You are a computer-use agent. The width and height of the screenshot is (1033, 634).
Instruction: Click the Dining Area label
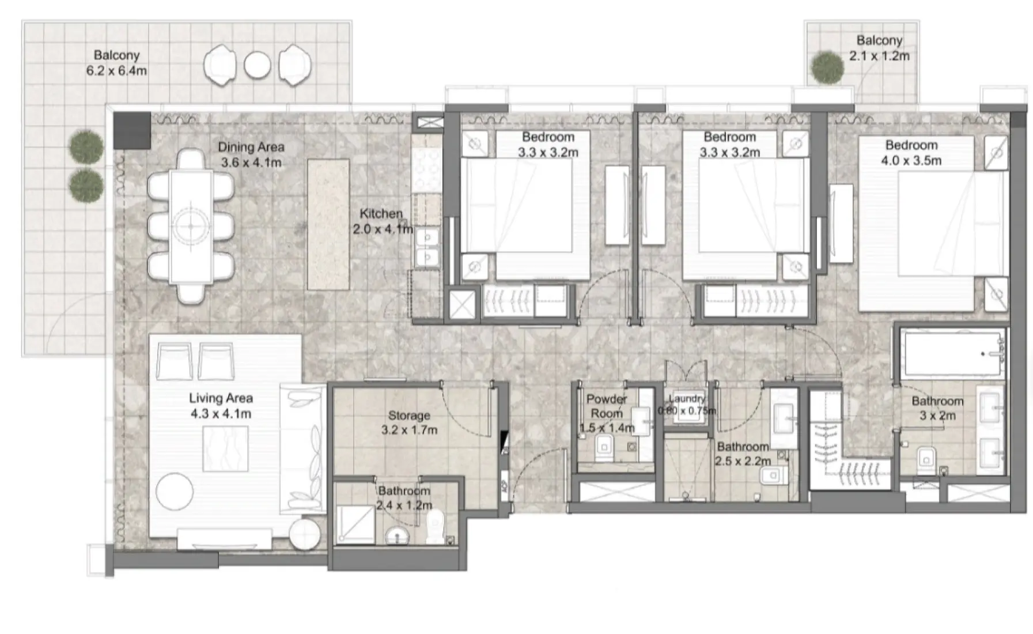tap(251, 147)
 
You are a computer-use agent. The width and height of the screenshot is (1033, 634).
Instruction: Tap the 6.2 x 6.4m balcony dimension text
tap(116, 71)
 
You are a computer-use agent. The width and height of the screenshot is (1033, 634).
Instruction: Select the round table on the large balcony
tap(257, 65)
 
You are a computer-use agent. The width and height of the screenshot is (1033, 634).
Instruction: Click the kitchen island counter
tap(328, 224)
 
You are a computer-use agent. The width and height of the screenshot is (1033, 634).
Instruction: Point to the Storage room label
tap(409, 415)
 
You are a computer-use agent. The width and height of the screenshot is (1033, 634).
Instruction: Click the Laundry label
tap(687, 398)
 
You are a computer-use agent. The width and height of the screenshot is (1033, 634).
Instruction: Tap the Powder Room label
tap(606, 406)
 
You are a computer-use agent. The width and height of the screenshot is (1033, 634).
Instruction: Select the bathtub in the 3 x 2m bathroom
tap(951, 353)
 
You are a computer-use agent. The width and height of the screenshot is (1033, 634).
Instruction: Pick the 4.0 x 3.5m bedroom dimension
tap(911, 161)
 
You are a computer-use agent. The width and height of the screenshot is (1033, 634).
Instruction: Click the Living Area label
tap(221, 398)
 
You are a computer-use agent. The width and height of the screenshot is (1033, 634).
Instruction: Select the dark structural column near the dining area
tap(132, 130)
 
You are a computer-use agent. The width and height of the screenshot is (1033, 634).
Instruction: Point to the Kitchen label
tap(381, 213)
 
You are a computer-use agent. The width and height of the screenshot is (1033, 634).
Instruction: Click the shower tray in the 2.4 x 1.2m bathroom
tap(354, 524)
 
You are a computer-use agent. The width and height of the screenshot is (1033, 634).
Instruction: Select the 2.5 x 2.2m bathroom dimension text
tap(743, 461)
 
